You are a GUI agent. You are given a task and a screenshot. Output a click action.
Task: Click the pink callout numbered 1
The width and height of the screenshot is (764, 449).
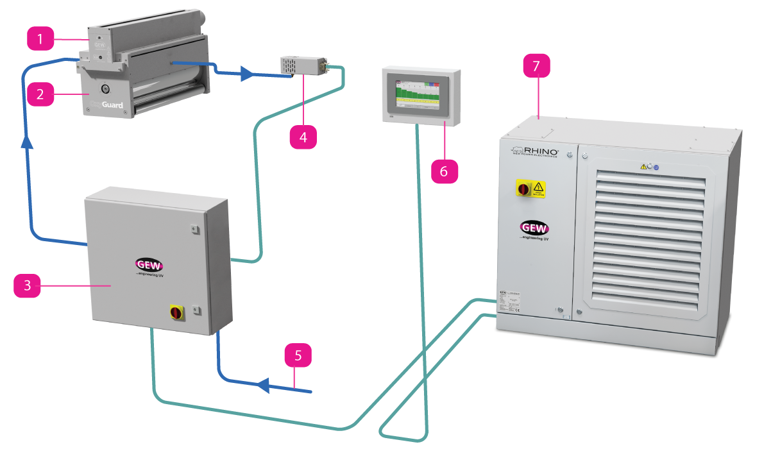coord(40,40)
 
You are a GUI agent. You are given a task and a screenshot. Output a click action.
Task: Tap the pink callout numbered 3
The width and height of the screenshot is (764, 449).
coord(27,285)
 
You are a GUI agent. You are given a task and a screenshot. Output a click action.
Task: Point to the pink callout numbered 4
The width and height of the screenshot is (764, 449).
coord(303,137)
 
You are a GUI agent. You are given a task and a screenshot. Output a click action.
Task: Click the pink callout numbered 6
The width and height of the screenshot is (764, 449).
coord(445,171)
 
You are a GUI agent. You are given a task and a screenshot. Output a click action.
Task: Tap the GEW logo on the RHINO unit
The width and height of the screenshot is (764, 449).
coord(534,228)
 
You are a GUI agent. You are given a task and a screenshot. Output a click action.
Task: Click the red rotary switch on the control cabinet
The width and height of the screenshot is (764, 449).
coord(175,312)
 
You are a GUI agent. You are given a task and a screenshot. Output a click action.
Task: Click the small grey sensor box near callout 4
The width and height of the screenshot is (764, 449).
coord(301,66)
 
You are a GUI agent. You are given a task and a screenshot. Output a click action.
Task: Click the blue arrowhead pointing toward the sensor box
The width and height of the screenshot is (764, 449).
coord(246,74)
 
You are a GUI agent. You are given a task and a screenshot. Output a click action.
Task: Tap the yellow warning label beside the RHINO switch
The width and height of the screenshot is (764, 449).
coord(539,189)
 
